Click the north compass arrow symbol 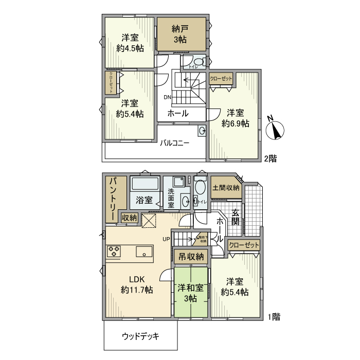(x=277, y=129)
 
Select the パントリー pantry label (x=113, y=199)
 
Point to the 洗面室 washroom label (x=171, y=198)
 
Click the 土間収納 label (x=226, y=188)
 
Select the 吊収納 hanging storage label (x=191, y=256)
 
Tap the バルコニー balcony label (x=174, y=143)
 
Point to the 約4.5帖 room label (x=130, y=43)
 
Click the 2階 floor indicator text (x=271, y=159)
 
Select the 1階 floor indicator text (x=274, y=317)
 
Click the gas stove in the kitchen (x=114, y=251)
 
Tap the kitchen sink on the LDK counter (x=143, y=251)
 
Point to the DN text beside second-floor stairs (x=168, y=97)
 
